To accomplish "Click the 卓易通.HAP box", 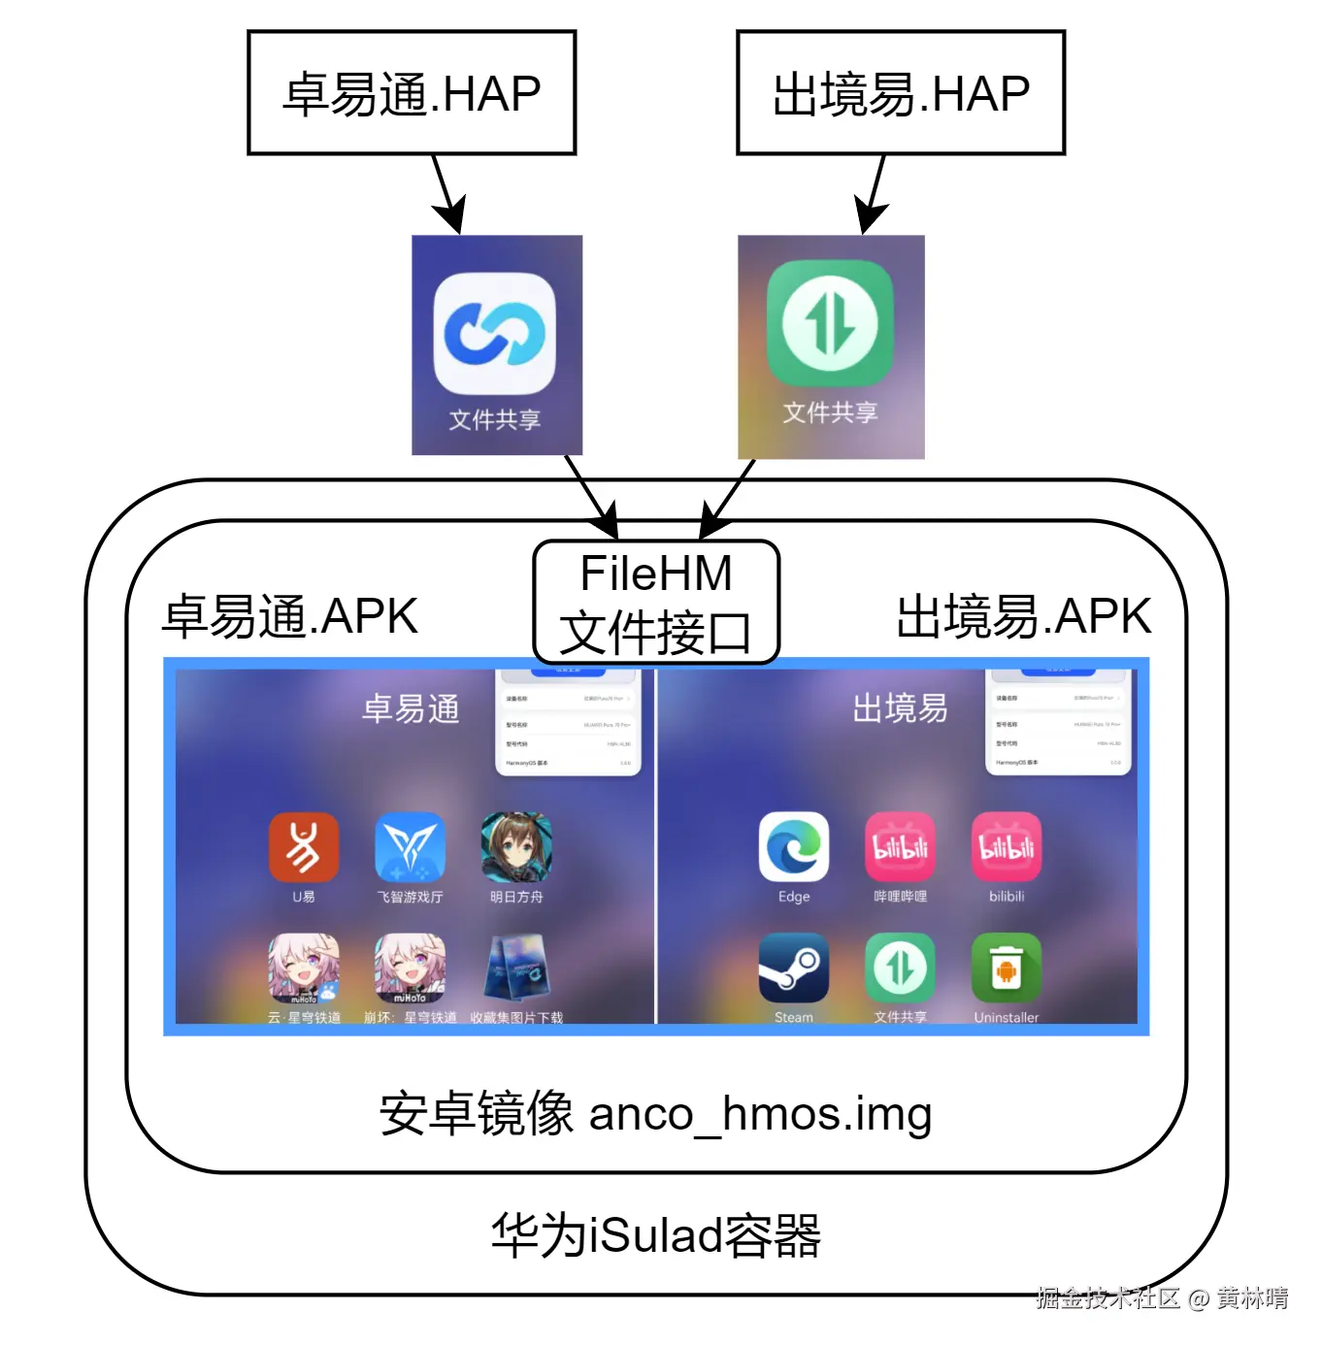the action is (412, 93).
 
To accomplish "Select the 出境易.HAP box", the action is (900, 93).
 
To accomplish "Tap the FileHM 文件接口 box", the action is (656, 602).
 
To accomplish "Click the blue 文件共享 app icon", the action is (495, 333).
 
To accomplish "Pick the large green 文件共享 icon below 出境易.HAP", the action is (830, 323).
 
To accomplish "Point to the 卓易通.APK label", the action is (289, 616).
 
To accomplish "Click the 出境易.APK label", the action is (1023, 616).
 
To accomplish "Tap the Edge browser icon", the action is (793, 847).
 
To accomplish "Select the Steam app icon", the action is (793, 968).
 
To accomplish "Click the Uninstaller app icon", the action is (1007, 968).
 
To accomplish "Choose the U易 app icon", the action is (304, 847).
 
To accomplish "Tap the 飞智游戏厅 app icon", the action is (410, 847).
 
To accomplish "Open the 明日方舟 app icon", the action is (516, 847).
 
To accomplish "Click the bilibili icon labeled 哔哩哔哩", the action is (900, 847).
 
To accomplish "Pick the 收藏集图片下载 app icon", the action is (516, 968).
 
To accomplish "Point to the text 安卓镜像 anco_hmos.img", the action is (655, 1113).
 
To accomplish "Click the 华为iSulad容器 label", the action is (655, 1235).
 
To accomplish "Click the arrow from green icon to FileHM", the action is (727, 499).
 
